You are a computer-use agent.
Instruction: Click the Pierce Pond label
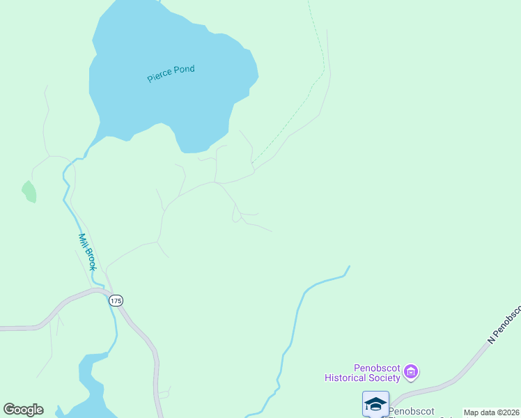pyautogui.click(x=171, y=74)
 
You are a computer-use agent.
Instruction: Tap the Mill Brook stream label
pyautogui.click(x=86, y=251)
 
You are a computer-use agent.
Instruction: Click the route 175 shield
pyautogui.click(x=116, y=300)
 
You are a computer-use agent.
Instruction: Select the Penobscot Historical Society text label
pyautogui.click(x=362, y=373)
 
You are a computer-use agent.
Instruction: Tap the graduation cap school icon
pyautogui.click(x=375, y=403)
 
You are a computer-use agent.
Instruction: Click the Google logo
pyautogui.click(x=23, y=410)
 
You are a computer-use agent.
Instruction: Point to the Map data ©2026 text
pyautogui.click(x=492, y=412)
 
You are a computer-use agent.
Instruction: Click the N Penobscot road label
pyautogui.click(x=504, y=325)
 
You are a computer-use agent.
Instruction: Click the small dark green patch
pyautogui.click(x=29, y=192)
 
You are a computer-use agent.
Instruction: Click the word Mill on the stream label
pyautogui.click(x=82, y=240)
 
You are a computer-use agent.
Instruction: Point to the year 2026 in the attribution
pyautogui.click(x=511, y=412)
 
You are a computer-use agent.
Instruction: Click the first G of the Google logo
pyautogui.click(x=9, y=410)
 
